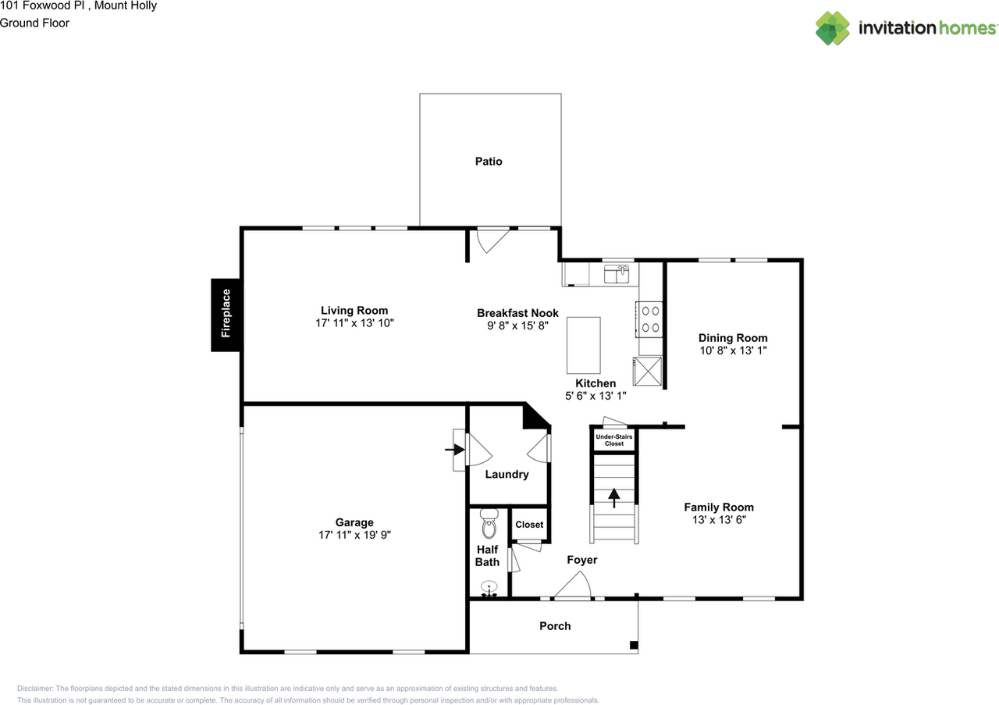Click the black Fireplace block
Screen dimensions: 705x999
click(226, 315)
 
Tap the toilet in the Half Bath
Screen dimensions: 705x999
click(489, 525)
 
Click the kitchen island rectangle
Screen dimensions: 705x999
click(583, 345)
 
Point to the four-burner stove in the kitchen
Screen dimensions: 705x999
click(650, 318)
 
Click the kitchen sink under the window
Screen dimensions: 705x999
click(617, 274)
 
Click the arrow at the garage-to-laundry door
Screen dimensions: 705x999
click(453, 450)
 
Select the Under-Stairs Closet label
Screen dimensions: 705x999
click(613, 440)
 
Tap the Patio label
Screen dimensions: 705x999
click(489, 162)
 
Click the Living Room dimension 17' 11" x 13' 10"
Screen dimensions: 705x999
click(354, 323)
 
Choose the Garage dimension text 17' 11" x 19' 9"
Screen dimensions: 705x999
click(354, 536)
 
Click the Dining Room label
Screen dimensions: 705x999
click(733, 338)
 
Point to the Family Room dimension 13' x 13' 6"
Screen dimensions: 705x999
click(719, 519)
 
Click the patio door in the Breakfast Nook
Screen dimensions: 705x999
click(492, 239)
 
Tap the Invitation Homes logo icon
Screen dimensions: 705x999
click(833, 28)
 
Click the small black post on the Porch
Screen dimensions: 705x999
click(634, 646)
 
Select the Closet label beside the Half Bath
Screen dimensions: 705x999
click(529, 525)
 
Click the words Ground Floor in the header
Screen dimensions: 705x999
click(34, 23)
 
